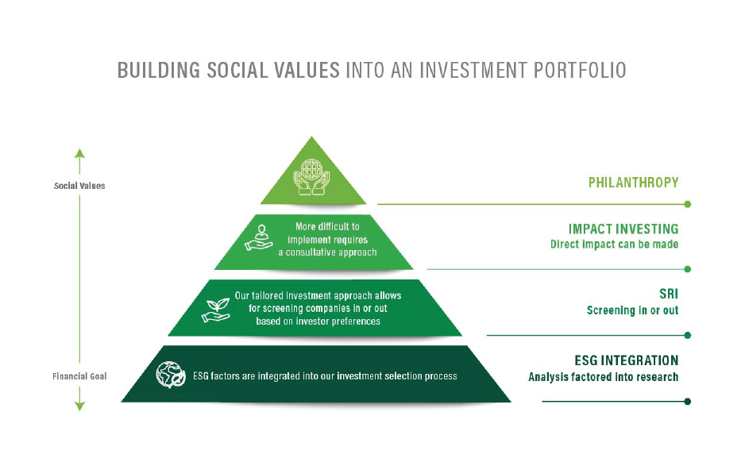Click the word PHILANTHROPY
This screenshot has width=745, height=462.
tap(633, 183)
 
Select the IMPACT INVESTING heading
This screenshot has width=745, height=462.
tap(623, 229)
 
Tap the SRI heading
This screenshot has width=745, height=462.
tap(669, 294)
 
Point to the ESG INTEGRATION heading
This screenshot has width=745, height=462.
tap(627, 360)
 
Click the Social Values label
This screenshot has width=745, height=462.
tap(79, 186)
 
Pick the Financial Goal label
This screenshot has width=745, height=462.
tap(80, 375)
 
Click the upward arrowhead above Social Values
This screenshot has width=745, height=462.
tap(79, 152)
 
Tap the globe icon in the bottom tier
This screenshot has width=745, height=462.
tap(169, 375)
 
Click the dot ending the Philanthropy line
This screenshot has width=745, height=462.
tap(687, 204)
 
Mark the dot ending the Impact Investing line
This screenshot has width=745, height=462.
tap(687, 269)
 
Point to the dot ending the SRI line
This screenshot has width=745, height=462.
tap(687, 335)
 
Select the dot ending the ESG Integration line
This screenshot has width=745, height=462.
tap(687, 402)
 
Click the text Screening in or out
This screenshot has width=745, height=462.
tap(632, 310)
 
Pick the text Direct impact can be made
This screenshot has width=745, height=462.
tap(614, 244)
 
